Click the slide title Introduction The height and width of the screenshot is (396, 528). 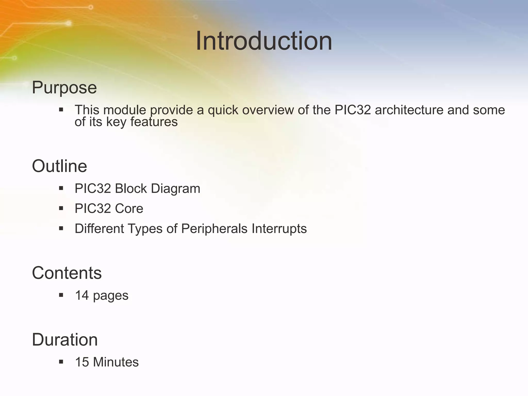(x=264, y=41)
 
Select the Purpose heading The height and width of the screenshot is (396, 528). (x=64, y=88)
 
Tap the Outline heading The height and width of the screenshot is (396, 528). (x=59, y=166)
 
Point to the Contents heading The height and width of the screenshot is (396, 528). (x=67, y=273)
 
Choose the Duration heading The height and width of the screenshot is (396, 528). (x=65, y=340)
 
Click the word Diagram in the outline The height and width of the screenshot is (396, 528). (x=175, y=188)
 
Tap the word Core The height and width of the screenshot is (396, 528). (x=129, y=209)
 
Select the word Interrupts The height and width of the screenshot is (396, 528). (x=279, y=229)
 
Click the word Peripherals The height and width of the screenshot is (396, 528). (x=214, y=229)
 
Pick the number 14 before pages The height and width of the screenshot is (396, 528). (x=82, y=295)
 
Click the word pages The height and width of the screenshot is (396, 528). (x=111, y=296)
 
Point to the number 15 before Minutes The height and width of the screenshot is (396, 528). (x=82, y=362)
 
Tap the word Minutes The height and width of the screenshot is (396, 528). (x=116, y=362)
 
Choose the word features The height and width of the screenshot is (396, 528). (x=154, y=122)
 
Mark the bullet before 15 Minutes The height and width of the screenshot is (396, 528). (x=61, y=362)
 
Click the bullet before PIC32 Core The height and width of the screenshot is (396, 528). (x=61, y=208)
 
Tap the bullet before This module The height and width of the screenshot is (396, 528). (x=61, y=110)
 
